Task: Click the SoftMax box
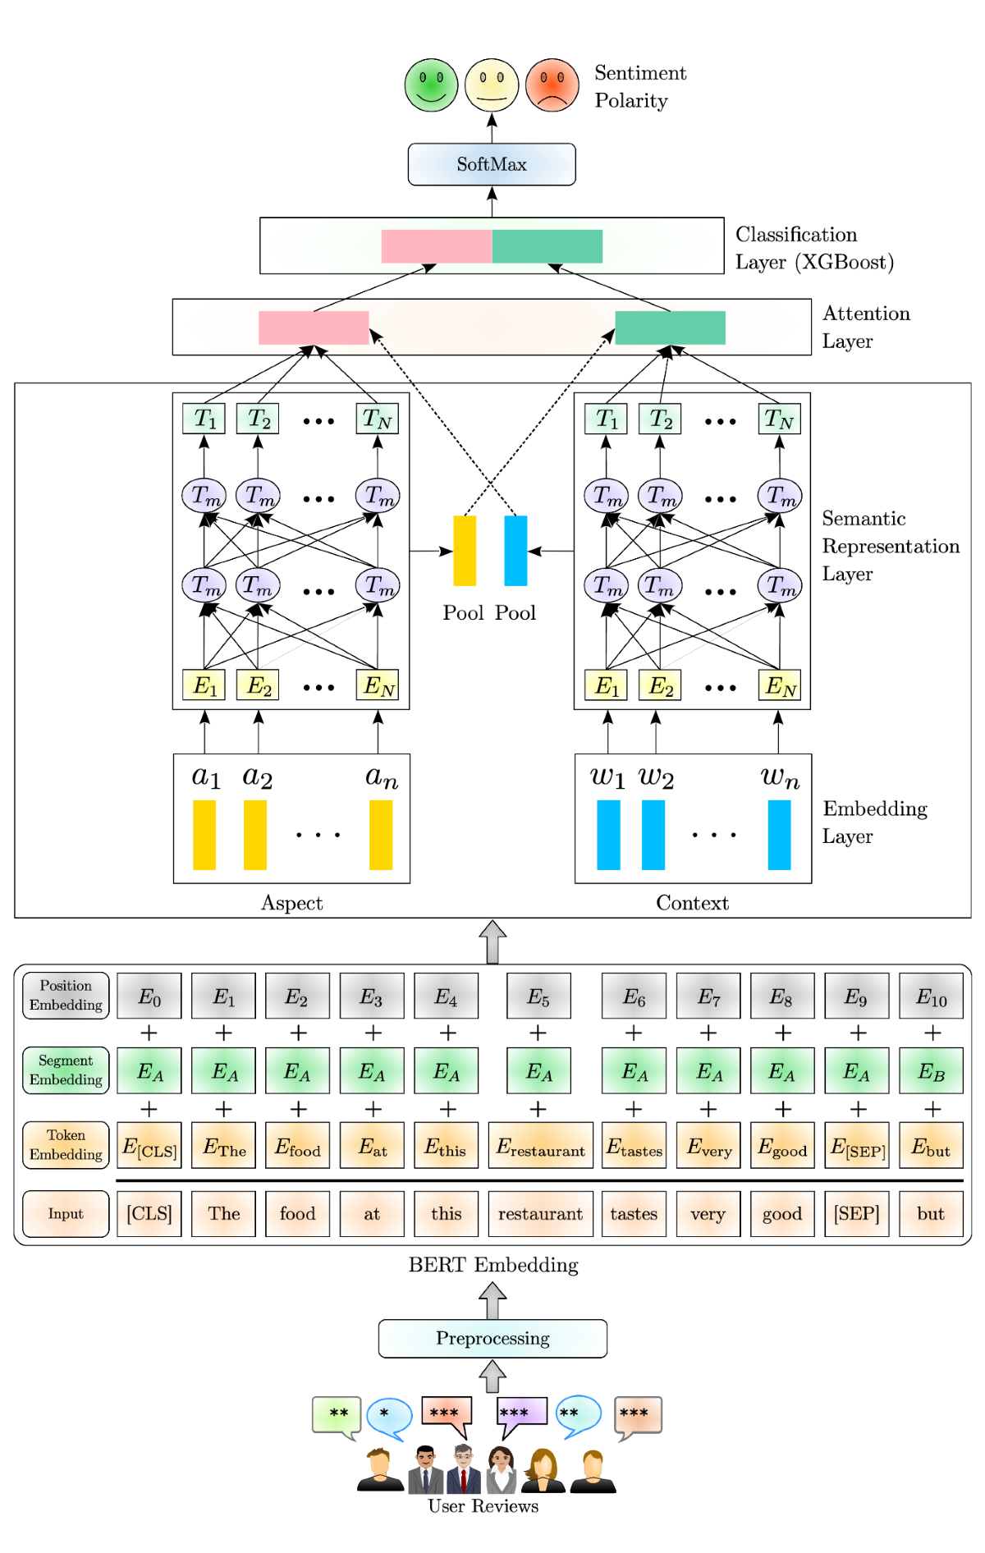[492, 164]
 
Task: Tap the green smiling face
[431, 85]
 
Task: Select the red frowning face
[552, 85]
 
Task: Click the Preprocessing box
[492, 1339]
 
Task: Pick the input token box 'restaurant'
[540, 1214]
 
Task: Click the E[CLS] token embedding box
[149, 1146]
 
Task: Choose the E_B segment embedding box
[931, 1071]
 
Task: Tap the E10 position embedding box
[931, 996]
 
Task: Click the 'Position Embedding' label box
[66, 996]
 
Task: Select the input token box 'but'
[931, 1214]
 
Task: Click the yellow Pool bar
[465, 551]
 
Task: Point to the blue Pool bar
[515, 551]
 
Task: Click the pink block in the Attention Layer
[314, 328]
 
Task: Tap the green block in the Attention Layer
[670, 328]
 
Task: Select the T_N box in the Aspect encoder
[378, 419]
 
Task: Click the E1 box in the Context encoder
[606, 685]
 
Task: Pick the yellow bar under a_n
[381, 835]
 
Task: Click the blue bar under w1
[608, 835]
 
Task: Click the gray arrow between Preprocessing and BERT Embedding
[492, 1299]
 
